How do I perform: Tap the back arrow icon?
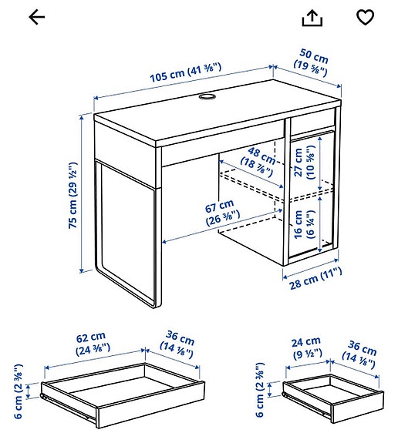36,17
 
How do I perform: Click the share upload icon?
312,18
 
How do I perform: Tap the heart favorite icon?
365,17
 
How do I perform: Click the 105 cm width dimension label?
184,73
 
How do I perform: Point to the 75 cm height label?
72,195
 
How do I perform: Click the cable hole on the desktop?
207,98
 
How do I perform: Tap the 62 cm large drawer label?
91,344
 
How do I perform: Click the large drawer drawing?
123,393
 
